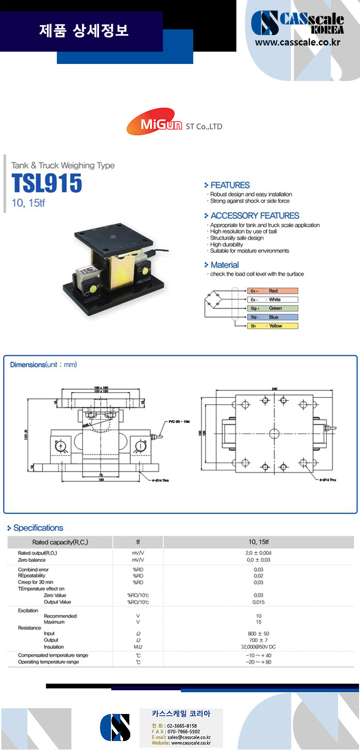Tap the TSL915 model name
47,183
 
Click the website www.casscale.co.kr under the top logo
297,42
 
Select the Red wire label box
272,291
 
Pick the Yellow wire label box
272,326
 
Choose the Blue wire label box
272,317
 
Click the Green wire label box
272,308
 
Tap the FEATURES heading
230,185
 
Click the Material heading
225,265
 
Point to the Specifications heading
38,528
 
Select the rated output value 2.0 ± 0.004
258,553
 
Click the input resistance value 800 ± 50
258,633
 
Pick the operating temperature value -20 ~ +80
258,662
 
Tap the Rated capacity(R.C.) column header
60,542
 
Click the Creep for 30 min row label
36,582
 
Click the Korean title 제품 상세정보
84,31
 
